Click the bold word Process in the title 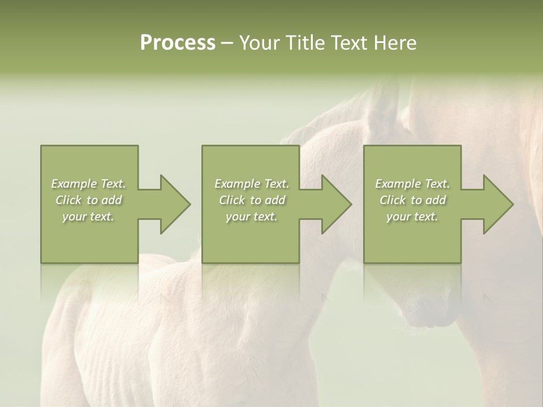[178, 43]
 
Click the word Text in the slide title [350, 43]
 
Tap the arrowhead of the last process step [497, 204]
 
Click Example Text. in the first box [88, 184]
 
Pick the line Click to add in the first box [88, 200]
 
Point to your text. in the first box [88, 217]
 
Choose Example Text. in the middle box [252, 184]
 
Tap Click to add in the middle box [252, 200]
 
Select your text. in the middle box [252, 217]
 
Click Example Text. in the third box [412, 184]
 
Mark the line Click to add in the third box [412, 200]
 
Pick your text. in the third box [412, 217]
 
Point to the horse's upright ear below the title [385, 102]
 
